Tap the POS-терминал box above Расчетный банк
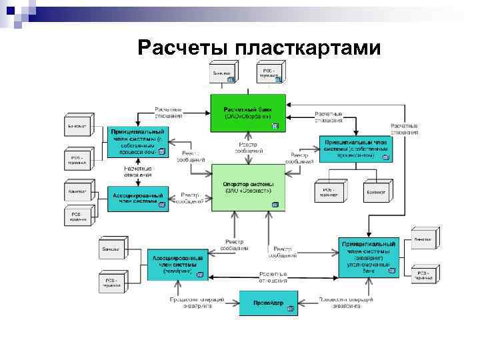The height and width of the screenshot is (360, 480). pos(270,72)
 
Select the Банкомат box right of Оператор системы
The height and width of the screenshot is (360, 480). pos(375,192)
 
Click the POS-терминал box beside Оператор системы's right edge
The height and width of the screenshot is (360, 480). pos(328,192)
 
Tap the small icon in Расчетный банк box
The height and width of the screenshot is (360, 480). pos(274,125)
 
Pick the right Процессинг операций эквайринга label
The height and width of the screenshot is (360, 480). pos(339,303)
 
